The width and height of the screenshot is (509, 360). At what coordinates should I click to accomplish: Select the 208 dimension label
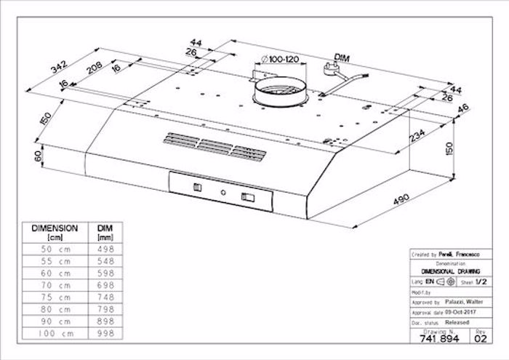[93, 71]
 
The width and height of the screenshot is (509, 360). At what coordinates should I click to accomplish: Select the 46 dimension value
[463, 109]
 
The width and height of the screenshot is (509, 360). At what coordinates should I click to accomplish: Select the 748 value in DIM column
[101, 296]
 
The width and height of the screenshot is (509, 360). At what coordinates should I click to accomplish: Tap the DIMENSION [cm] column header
[55, 232]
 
